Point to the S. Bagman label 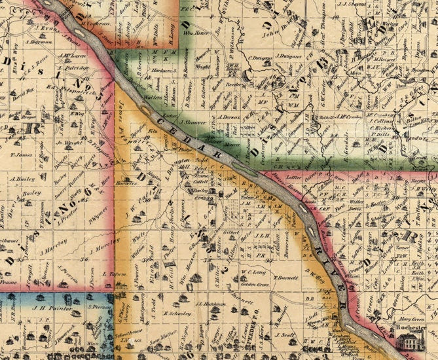coord(41,42)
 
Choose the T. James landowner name coord(22,155)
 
